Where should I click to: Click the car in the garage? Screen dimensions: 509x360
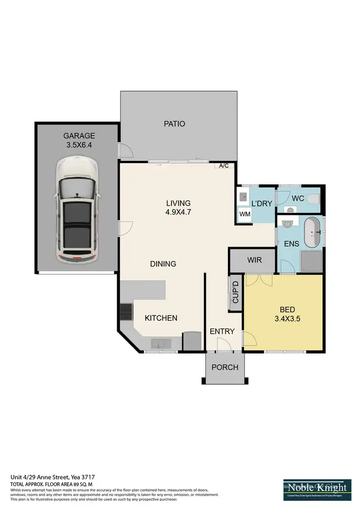pyautogui.click(x=77, y=210)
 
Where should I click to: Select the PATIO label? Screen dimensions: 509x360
pyautogui.click(x=174, y=124)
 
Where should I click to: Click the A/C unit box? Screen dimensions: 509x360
pyautogui.click(x=224, y=166)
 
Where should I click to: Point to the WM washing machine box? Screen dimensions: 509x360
pyautogui.click(x=244, y=214)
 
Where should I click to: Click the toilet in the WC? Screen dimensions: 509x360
pyautogui.click(x=314, y=198)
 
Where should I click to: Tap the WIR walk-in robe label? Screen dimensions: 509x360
pyautogui.click(x=254, y=260)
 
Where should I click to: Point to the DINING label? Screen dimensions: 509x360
pyautogui.click(x=163, y=264)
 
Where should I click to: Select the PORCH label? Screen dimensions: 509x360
pyautogui.click(x=225, y=367)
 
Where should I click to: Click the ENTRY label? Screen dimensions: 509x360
pyautogui.click(x=222, y=331)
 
